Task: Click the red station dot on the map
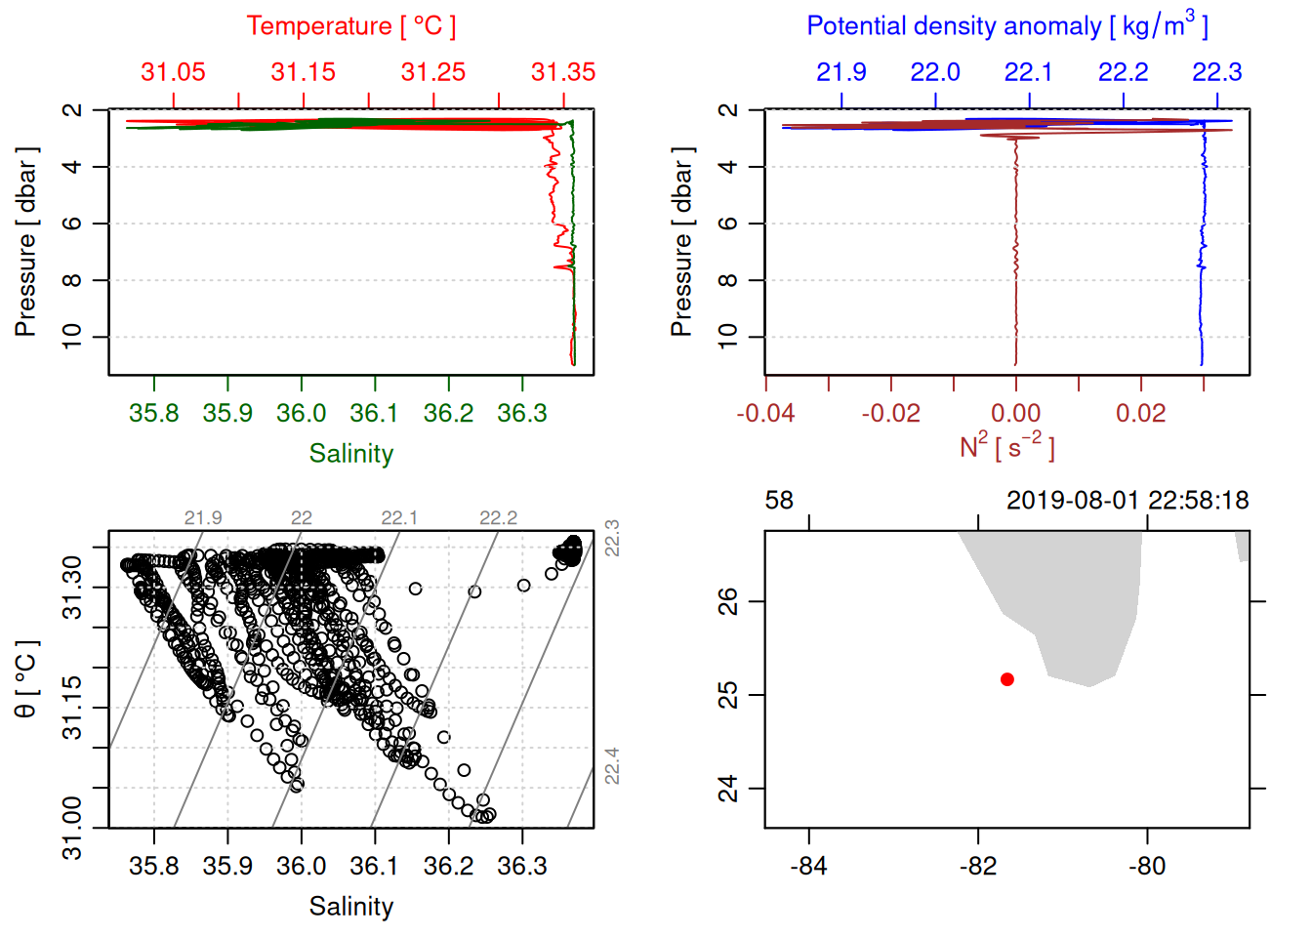(1006, 679)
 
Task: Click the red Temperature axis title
(350, 26)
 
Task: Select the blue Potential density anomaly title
(1006, 25)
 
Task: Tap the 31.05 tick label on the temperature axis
(173, 72)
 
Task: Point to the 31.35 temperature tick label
(563, 72)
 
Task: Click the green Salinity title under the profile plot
(350, 454)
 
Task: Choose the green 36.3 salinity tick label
(521, 414)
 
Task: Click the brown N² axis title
(1006, 446)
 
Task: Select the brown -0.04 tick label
(765, 414)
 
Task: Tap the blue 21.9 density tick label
(840, 72)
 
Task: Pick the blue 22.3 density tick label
(1216, 72)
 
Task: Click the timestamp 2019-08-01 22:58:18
(1127, 501)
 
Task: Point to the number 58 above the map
(779, 501)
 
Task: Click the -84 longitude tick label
(809, 867)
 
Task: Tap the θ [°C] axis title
(26, 679)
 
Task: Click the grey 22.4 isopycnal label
(612, 766)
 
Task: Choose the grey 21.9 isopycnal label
(203, 518)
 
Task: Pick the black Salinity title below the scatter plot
(350, 907)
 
